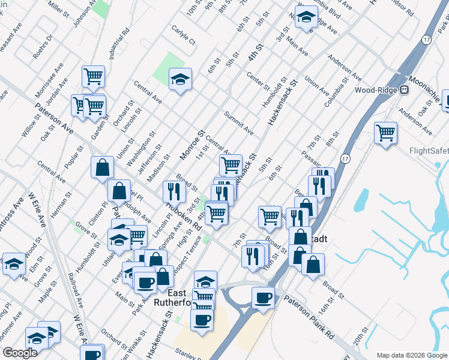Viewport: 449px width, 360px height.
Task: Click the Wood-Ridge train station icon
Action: (405, 90)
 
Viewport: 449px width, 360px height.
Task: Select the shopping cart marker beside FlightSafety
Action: (385, 132)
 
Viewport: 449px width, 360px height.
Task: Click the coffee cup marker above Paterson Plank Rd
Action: (263, 298)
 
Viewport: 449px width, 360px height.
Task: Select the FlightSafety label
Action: (429, 151)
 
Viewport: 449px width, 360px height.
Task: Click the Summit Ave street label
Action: (238, 122)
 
